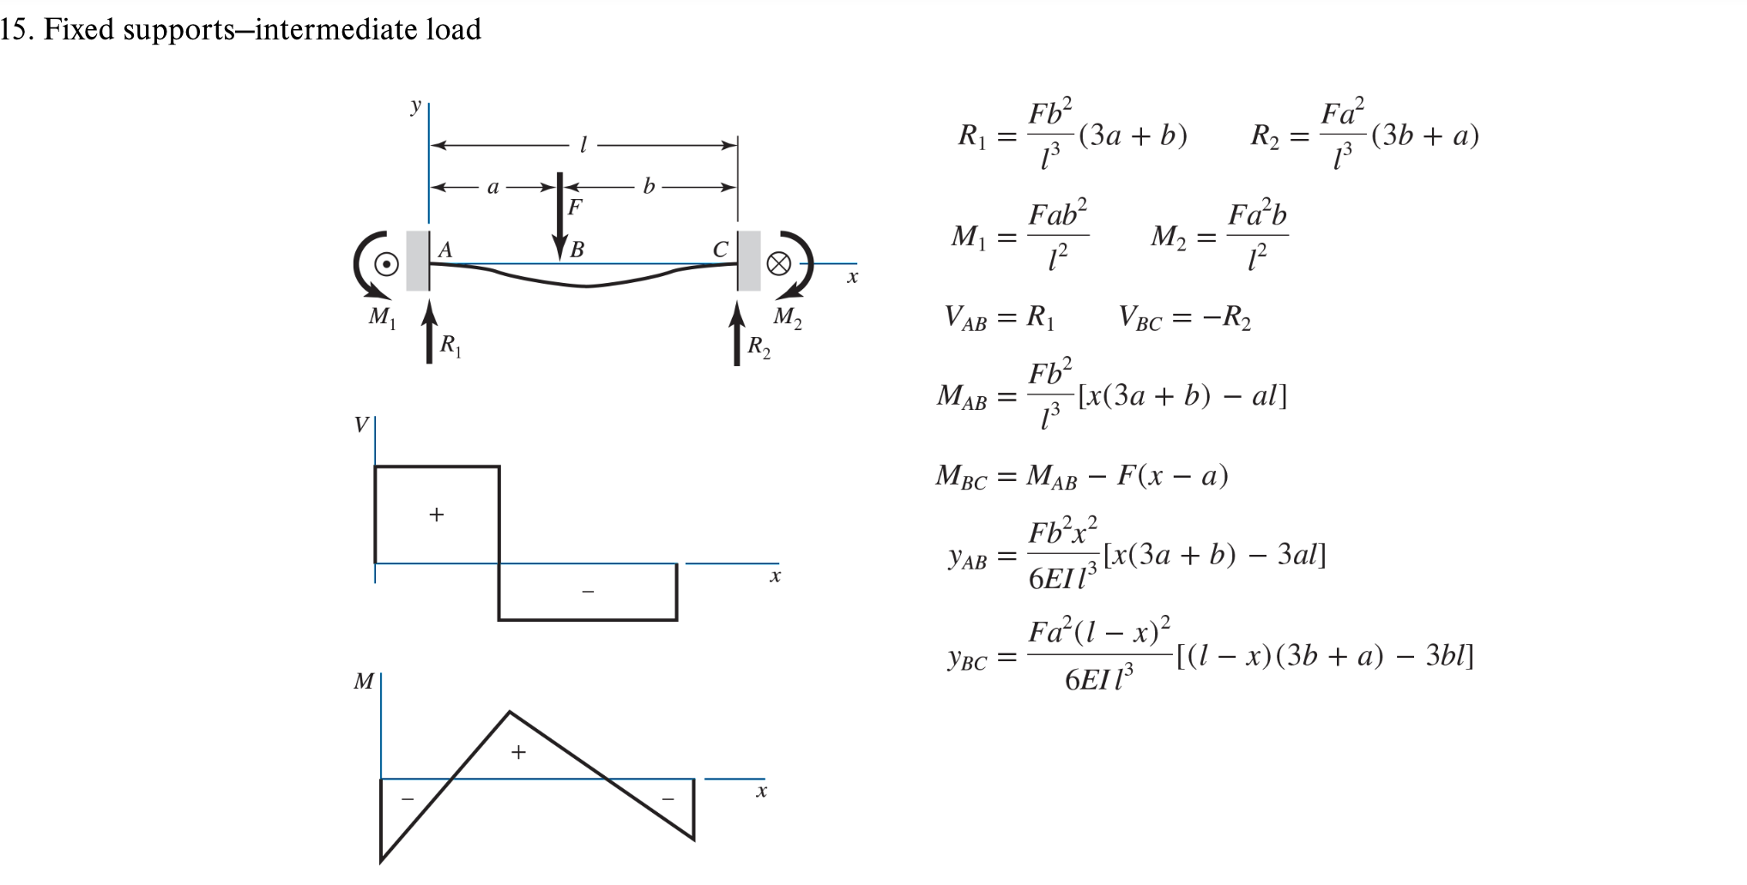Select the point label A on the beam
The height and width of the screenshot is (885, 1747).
[445, 250]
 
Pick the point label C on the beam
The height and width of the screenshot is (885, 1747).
[721, 250]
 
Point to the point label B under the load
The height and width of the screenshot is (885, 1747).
[577, 250]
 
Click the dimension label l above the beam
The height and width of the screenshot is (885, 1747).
[583, 146]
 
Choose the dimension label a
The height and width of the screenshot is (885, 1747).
[493, 186]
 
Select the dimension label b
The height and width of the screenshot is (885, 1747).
[649, 186]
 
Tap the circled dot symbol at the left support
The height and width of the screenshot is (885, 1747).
[386, 264]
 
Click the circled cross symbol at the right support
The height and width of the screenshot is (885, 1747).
[778, 264]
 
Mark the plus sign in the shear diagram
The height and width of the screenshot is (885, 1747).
[437, 515]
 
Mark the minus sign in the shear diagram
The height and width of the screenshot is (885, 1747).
[588, 592]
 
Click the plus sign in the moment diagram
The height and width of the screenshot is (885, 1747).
[518, 753]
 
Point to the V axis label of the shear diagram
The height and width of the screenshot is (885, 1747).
[361, 424]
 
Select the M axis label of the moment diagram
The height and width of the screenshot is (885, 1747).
[364, 682]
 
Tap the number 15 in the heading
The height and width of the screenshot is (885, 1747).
[15, 30]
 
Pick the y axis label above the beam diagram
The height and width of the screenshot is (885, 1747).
[416, 106]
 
